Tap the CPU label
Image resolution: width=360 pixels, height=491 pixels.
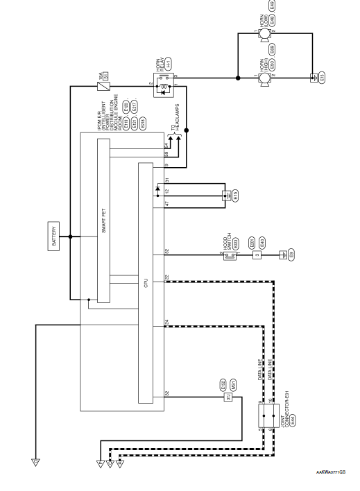tap(145, 284)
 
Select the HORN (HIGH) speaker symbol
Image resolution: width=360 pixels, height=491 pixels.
tap(264, 79)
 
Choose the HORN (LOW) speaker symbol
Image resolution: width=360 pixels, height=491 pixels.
tap(264, 31)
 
